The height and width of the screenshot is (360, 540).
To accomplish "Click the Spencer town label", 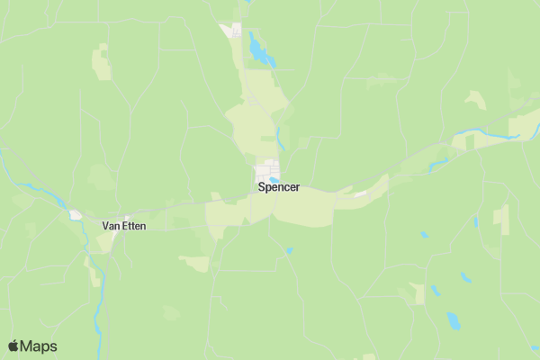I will (278, 188).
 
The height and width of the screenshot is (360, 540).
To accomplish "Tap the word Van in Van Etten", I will (112, 226).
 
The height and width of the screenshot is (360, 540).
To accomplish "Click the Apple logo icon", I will (13, 346).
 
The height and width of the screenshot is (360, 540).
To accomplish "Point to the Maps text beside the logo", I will (39, 346).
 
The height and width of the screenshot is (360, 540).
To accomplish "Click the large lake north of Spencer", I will (260, 50).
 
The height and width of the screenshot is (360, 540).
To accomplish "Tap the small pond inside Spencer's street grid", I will (274, 179).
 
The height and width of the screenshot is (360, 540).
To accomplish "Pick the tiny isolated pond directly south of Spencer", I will (289, 249).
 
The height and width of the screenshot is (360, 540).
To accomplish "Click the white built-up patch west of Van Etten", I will (76, 215).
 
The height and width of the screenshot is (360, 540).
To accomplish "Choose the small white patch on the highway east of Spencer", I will (360, 193).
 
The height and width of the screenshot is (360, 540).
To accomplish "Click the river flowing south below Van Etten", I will (98, 297).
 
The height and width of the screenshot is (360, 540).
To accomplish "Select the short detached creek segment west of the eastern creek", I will (439, 164).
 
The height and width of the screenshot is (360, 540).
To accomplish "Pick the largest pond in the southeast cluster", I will (454, 320).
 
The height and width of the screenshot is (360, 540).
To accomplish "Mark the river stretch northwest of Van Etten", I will (36, 189).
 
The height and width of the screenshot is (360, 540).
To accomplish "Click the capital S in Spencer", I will (261, 188).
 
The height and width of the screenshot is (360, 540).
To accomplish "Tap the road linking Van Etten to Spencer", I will (180, 205).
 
